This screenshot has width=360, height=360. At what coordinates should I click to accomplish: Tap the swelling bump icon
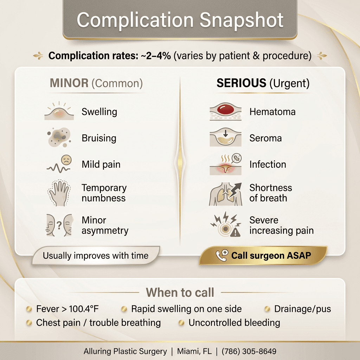pos(59,112)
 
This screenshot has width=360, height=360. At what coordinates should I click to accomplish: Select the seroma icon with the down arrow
pos(225,137)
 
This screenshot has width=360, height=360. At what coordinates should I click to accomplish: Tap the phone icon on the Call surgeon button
pos(221,256)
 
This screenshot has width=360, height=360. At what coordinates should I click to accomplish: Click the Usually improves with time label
pos(95,256)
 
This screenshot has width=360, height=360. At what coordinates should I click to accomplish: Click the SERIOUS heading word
pos(241,83)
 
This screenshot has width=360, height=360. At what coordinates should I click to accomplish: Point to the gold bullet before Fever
pos(30,309)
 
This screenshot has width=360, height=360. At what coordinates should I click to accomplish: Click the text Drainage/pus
pos(302,309)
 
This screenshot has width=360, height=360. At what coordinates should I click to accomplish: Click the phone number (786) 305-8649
pos(249,351)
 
